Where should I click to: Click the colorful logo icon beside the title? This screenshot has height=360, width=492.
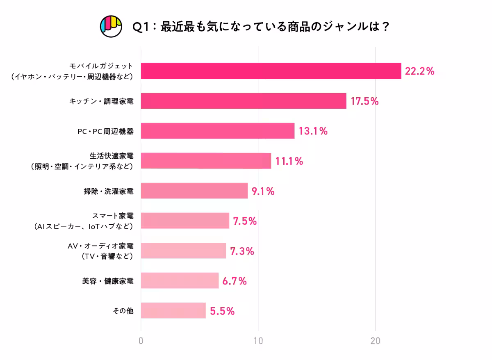pyautogui.click(x=111, y=26)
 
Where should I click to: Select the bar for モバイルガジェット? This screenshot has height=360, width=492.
pyautogui.click(x=271, y=71)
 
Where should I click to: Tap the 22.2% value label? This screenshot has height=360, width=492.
pyautogui.click(x=419, y=71)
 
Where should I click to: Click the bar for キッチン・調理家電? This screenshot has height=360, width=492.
pyautogui.click(x=244, y=101)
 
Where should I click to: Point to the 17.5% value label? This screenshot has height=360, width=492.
pyautogui.click(x=364, y=101)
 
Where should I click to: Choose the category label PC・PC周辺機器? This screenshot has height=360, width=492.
pyautogui.click(x=105, y=131)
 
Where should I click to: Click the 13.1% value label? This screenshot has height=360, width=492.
pyautogui.click(x=313, y=131)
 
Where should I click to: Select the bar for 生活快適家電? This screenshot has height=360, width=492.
pyautogui.click(x=206, y=161)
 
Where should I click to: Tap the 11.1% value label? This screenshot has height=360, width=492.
pyautogui.click(x=289, y=161)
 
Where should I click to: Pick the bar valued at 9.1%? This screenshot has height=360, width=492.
pyautogui.click(x=194, y=191)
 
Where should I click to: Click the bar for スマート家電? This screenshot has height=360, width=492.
pyautogui.click(x=185, y=221)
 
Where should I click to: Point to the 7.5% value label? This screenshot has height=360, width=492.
pyautogui.click(x=245, y=221)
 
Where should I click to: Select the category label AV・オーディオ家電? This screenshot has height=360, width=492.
pyautogui.click(x=100, y=246)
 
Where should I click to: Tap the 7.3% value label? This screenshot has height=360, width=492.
pyautogui.click(x=242, y=251)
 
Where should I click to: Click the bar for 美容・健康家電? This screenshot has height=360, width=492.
pyautogui.click(x=180, y=280)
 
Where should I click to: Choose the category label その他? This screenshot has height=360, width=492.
pyautogui.click(x=123, y=311)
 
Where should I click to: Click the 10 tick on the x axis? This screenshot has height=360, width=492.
pyautogui.click(x=258, y=341)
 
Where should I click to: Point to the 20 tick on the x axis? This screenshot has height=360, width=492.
pyautogui.click(x=375, y=341)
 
